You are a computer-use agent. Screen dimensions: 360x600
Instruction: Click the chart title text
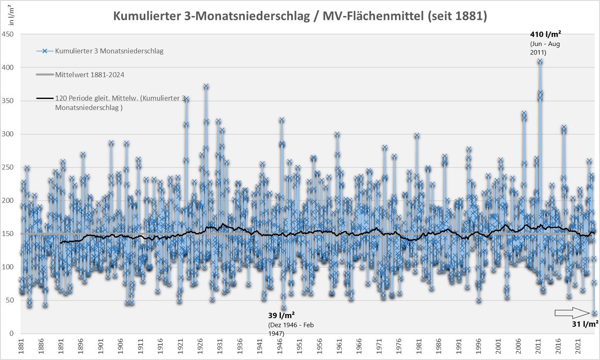(x=300, y=16)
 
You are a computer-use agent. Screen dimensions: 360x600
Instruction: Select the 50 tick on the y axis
(x=9, y=300)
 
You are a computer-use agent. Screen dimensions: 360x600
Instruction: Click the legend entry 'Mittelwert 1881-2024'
(x=90, y=75)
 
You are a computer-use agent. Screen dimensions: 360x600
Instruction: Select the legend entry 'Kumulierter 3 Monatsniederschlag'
(x=109, y=51)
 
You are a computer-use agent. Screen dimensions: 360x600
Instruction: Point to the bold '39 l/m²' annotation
(x=281, y=315)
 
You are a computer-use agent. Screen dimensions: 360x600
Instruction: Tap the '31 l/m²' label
(x=585, y=324)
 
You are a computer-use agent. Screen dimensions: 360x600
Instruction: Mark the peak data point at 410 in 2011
(x=540, y=61)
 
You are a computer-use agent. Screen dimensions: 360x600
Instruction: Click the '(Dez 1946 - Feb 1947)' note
(x=291, y=329)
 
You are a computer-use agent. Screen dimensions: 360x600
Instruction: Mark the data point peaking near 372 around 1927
(x=206, y=86)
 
